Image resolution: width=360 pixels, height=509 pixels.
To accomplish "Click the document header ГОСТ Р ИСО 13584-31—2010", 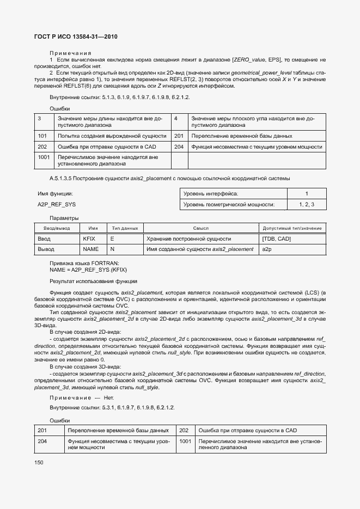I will (x=76, y=36).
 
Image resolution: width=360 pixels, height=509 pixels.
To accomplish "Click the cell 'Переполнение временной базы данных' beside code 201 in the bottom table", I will (x=118, y=430).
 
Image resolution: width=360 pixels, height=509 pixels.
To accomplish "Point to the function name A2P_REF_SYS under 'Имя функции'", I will (x=57, y=204).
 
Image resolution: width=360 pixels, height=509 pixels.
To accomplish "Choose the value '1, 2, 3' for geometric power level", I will (x=307, y=204).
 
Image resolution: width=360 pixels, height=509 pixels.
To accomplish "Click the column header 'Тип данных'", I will (x=125, y=228).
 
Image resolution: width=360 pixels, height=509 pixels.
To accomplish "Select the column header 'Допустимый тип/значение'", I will (x=292, y=228).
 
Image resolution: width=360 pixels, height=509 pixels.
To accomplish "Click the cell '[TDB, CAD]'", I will (x=276, y=238).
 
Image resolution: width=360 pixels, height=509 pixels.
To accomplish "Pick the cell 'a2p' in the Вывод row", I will (x=266, y=249).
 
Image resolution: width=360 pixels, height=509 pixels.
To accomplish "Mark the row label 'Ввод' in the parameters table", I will (x=44, y=238).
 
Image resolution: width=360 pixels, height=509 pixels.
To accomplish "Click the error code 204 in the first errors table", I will (x=179, y=146).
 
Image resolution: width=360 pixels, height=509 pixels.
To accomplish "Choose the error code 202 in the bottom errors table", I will (x=184, y=430).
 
